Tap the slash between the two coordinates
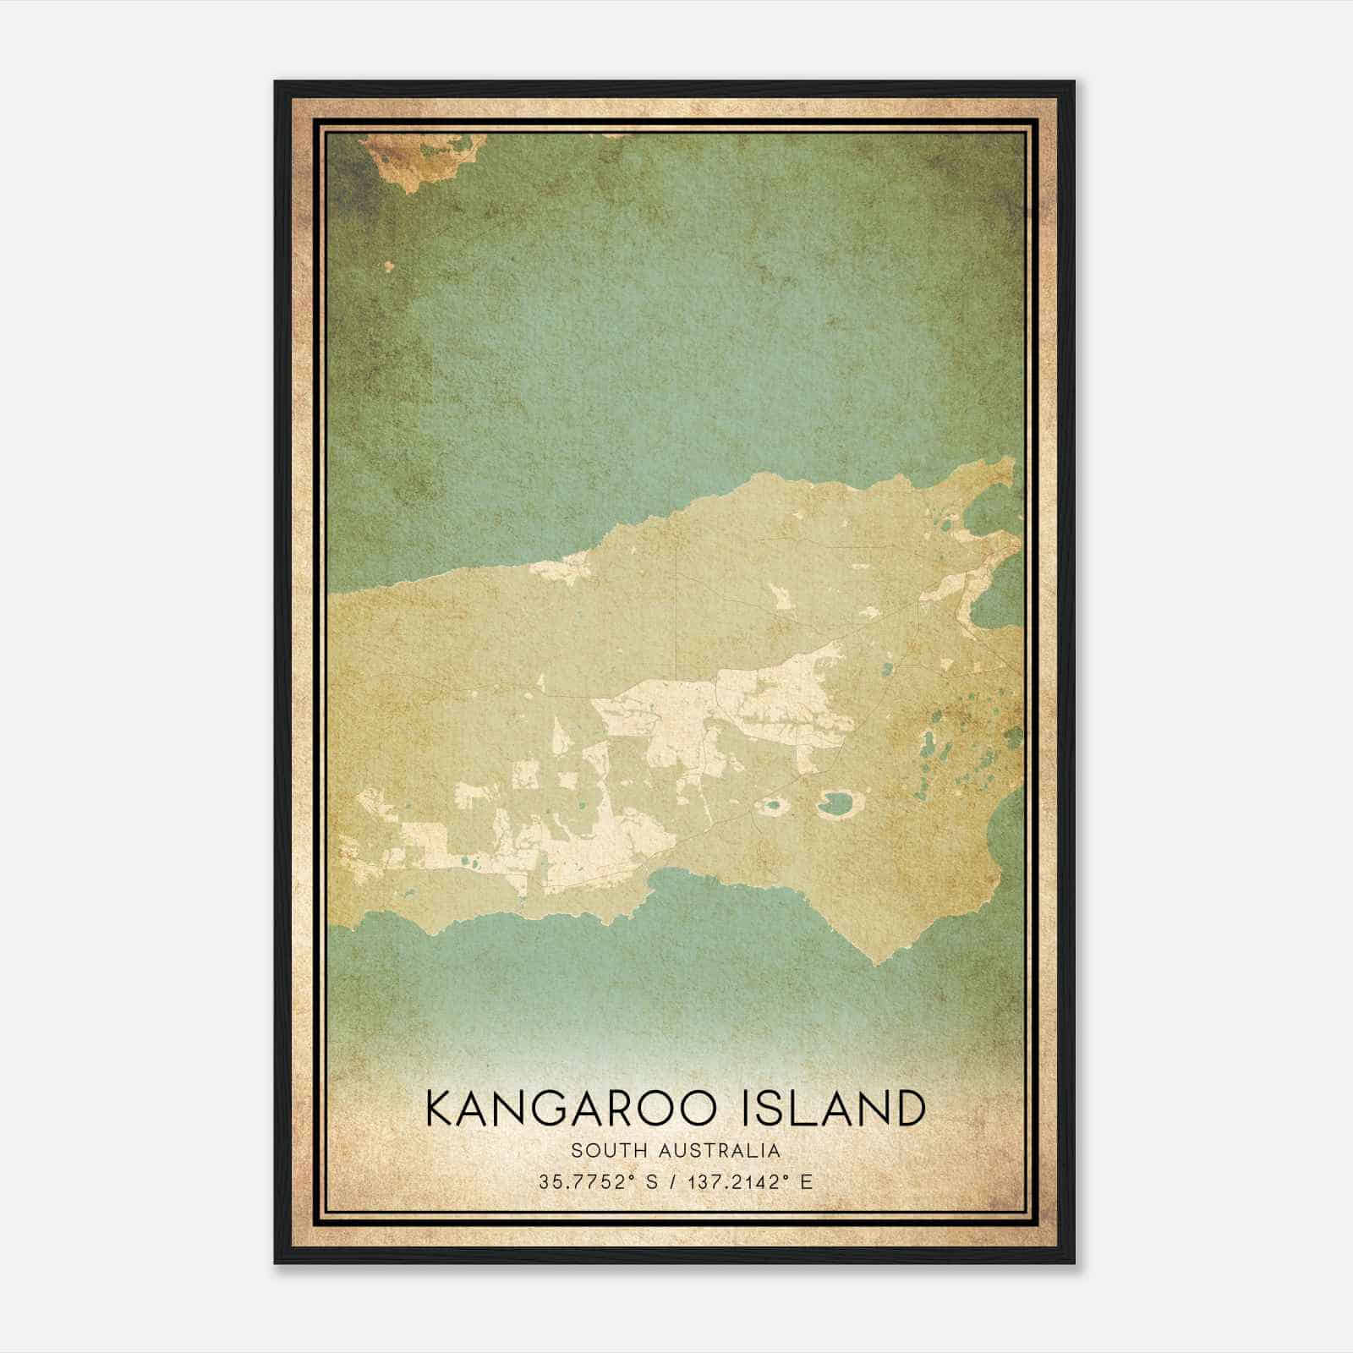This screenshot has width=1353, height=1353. click(671, 1181)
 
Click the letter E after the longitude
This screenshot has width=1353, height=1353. click(806, 1181)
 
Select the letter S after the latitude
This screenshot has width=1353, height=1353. click(651, 1181)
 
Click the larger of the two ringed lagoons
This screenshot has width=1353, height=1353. click(837, 802)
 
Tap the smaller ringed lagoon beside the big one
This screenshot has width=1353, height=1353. click(770, 806)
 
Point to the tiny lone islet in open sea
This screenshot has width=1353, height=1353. click(389, 266)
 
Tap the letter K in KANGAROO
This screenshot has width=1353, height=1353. click(442, 1109)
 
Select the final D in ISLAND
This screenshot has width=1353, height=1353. click(908, 1109)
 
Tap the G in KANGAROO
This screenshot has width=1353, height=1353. click(561, 1109)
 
